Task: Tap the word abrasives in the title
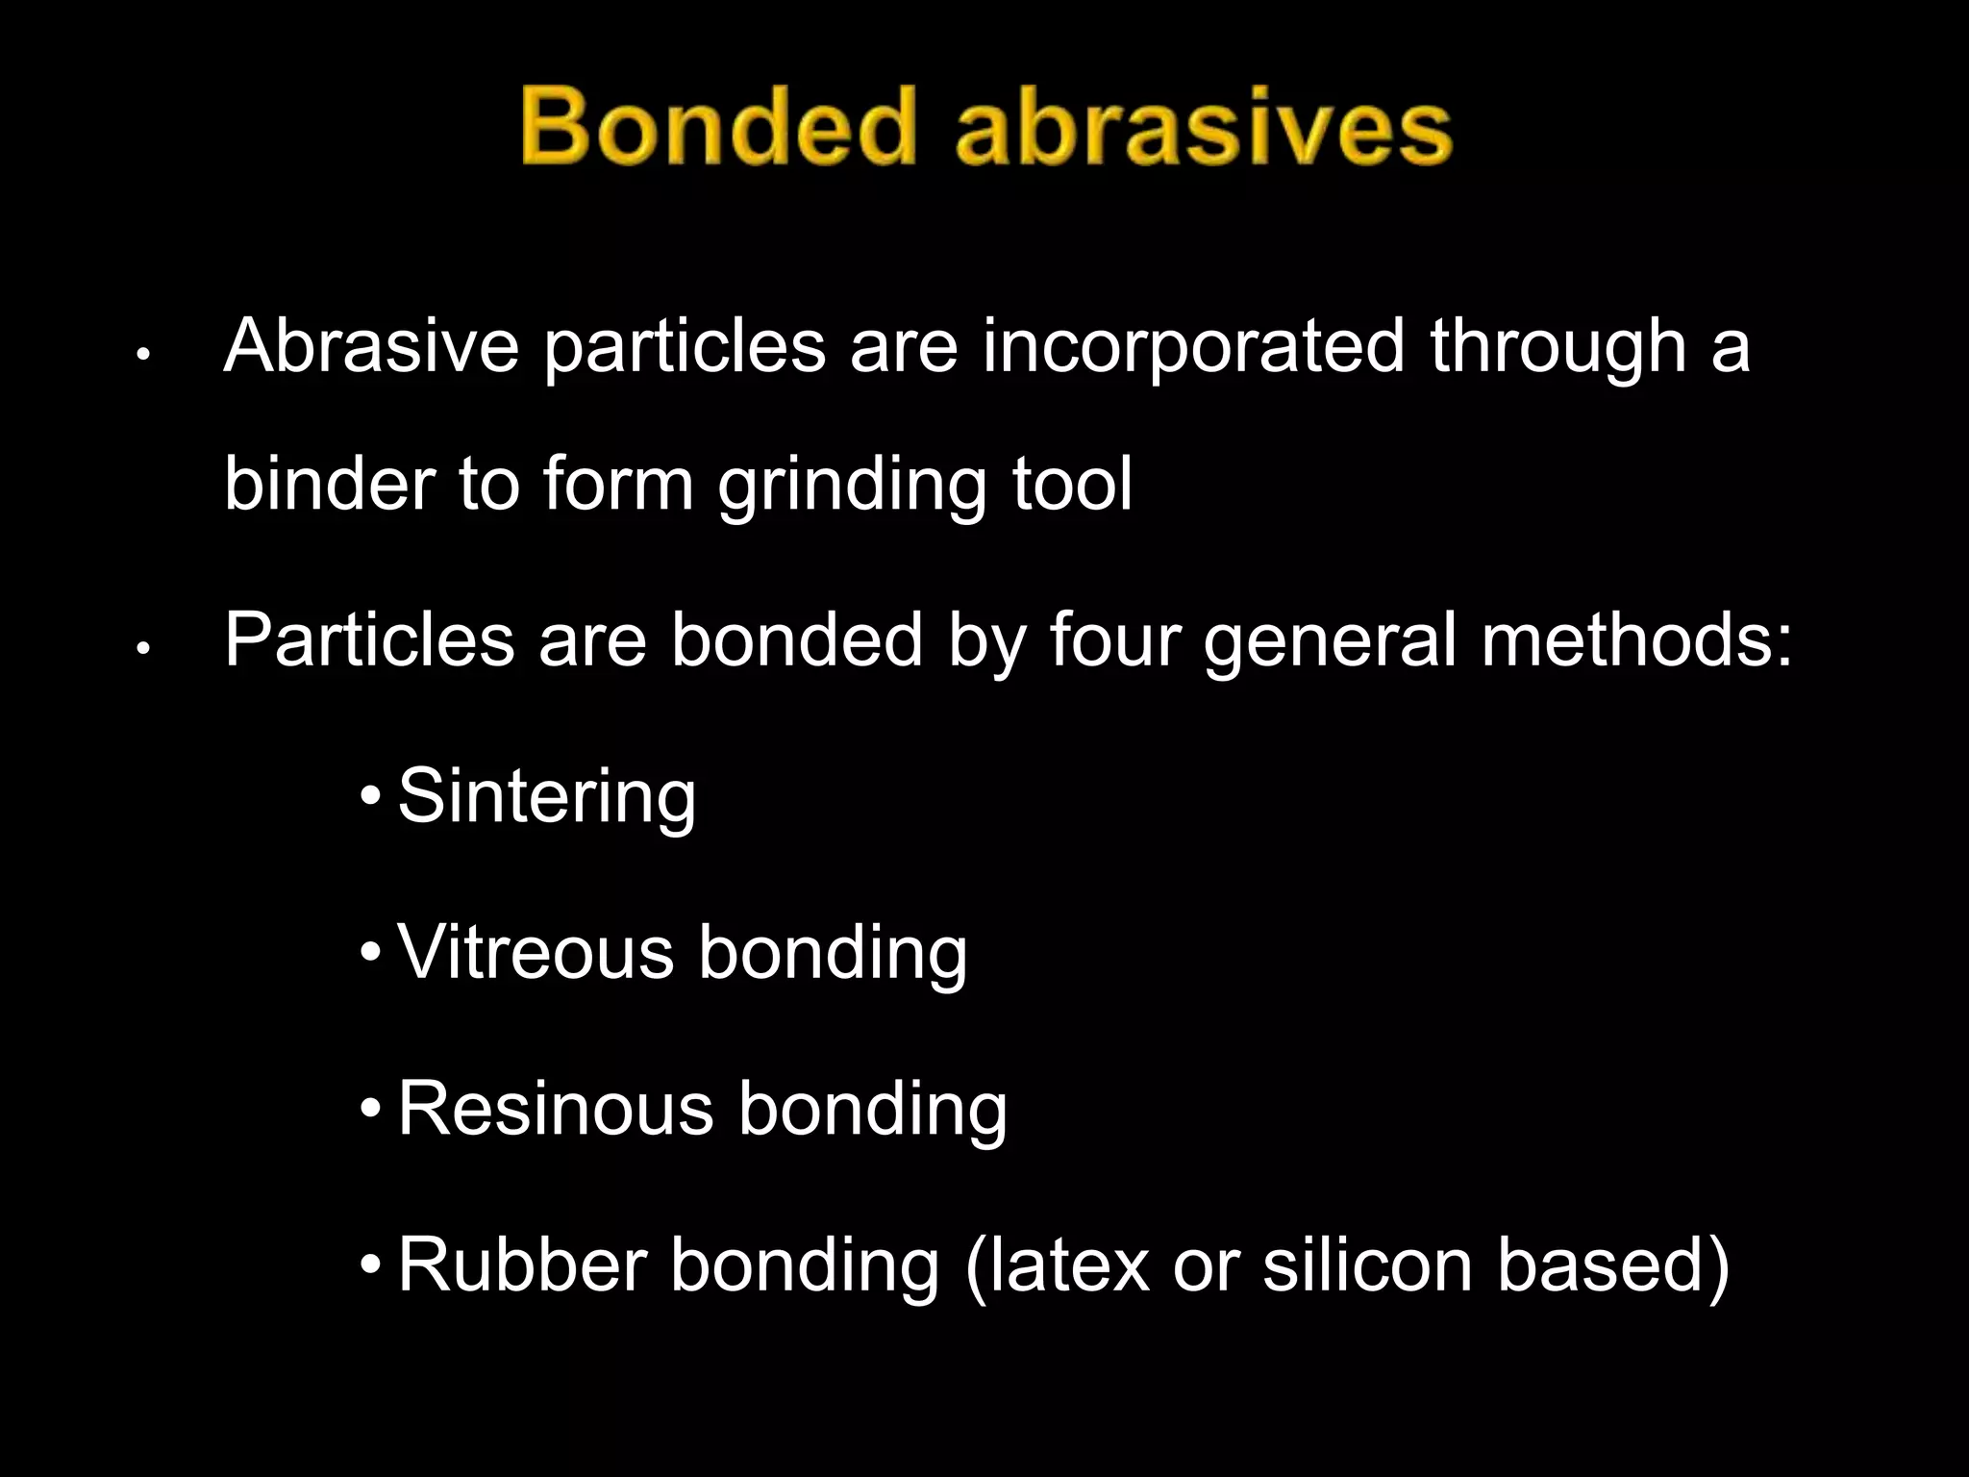click(1203, 127)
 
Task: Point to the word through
click(1558, 347)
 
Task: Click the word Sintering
click(546, 798)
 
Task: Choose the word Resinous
click(556, 1109)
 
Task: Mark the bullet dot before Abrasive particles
click(142, 355)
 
